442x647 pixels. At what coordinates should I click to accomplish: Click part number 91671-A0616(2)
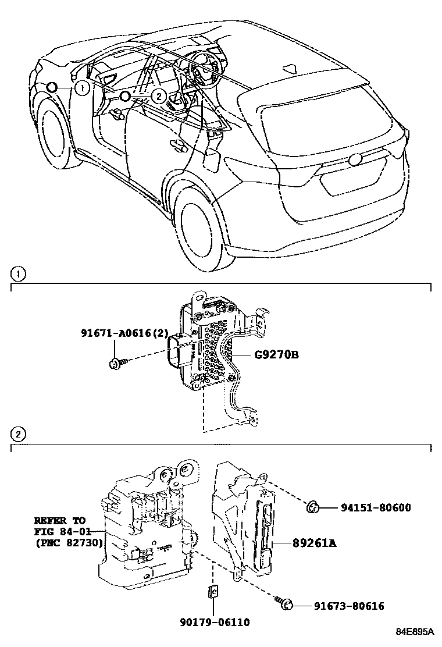[124, 333]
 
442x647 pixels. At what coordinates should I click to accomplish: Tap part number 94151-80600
[375, 507]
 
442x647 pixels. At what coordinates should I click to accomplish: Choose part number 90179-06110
[215, 622]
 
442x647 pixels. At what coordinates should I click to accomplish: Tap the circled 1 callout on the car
[82, 88]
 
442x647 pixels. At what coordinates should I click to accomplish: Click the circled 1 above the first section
[19, 273]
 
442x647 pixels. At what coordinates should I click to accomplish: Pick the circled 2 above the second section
[19, 434]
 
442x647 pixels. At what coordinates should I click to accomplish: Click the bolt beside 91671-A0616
[115, 363]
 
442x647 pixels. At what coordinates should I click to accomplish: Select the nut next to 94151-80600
[312, 508]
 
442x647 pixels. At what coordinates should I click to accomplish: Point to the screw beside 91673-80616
[285, 605]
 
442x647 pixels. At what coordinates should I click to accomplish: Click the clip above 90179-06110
[213, 592]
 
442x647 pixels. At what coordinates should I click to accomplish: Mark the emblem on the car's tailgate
[355, 159]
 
